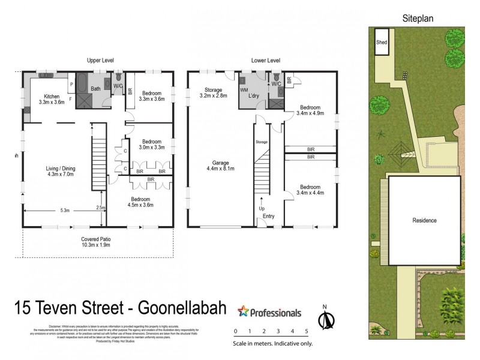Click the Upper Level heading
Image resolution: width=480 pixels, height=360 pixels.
(x=100, y=61)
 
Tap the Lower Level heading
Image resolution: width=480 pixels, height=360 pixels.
(x=266, y=61)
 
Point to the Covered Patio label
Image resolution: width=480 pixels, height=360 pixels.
(x=96, y=242)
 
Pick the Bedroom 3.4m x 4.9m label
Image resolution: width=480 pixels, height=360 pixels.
(x=310, y=112)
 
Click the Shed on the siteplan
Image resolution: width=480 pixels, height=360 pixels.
(x=381, y=43)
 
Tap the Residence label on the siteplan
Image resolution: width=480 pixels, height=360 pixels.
(x=424, y=220)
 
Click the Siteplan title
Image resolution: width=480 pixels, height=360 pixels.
(x=417, y=19)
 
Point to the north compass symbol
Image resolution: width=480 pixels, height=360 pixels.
(x=325, y=320)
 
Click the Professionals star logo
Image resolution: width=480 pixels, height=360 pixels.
(x=243, y=311)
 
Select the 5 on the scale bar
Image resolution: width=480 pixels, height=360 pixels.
(x=307, y=331)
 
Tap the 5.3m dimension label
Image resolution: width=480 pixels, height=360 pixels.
(x=64, y=211)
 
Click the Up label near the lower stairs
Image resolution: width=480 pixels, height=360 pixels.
(x=261, y=208)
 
